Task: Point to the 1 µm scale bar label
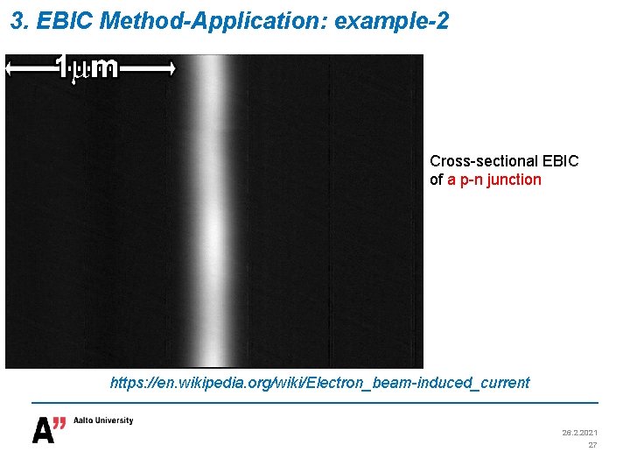[x=87, y=67]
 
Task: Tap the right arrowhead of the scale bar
[x=171, y=67]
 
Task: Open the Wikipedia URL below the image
[x=319, y=383]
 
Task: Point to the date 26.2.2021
[x=578, y=433]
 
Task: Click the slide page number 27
[x=592, y=445]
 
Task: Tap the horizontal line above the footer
[x=315, y=402]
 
